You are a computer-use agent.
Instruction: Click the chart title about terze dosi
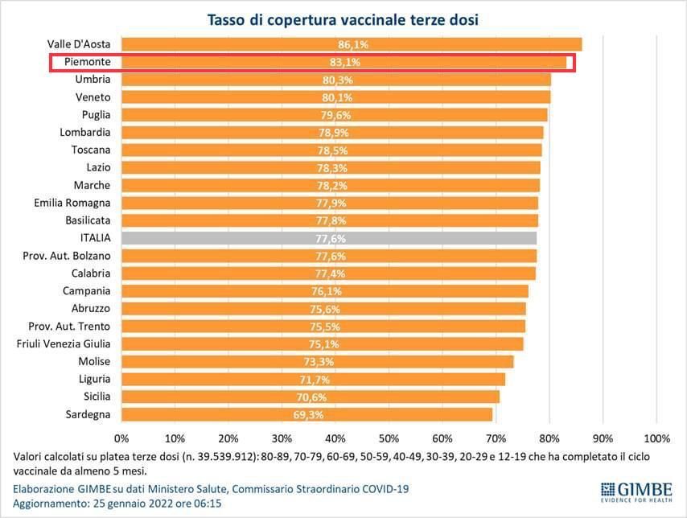pos(343,18)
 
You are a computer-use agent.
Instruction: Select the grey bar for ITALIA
pos(329,238)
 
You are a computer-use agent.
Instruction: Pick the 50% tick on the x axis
pos(389,438)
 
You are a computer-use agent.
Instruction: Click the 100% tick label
pos(656,438)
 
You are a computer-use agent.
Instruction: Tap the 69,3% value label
pos(308,415)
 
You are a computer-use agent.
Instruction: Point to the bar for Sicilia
pos(311,397)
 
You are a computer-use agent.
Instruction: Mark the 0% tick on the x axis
pos(121,438)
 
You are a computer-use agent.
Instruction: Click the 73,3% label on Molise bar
pos(319,362)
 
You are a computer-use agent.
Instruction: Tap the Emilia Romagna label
pos(72,203)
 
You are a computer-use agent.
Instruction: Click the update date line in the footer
pos(117,504)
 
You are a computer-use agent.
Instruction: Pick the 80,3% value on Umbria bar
pos(338,80)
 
